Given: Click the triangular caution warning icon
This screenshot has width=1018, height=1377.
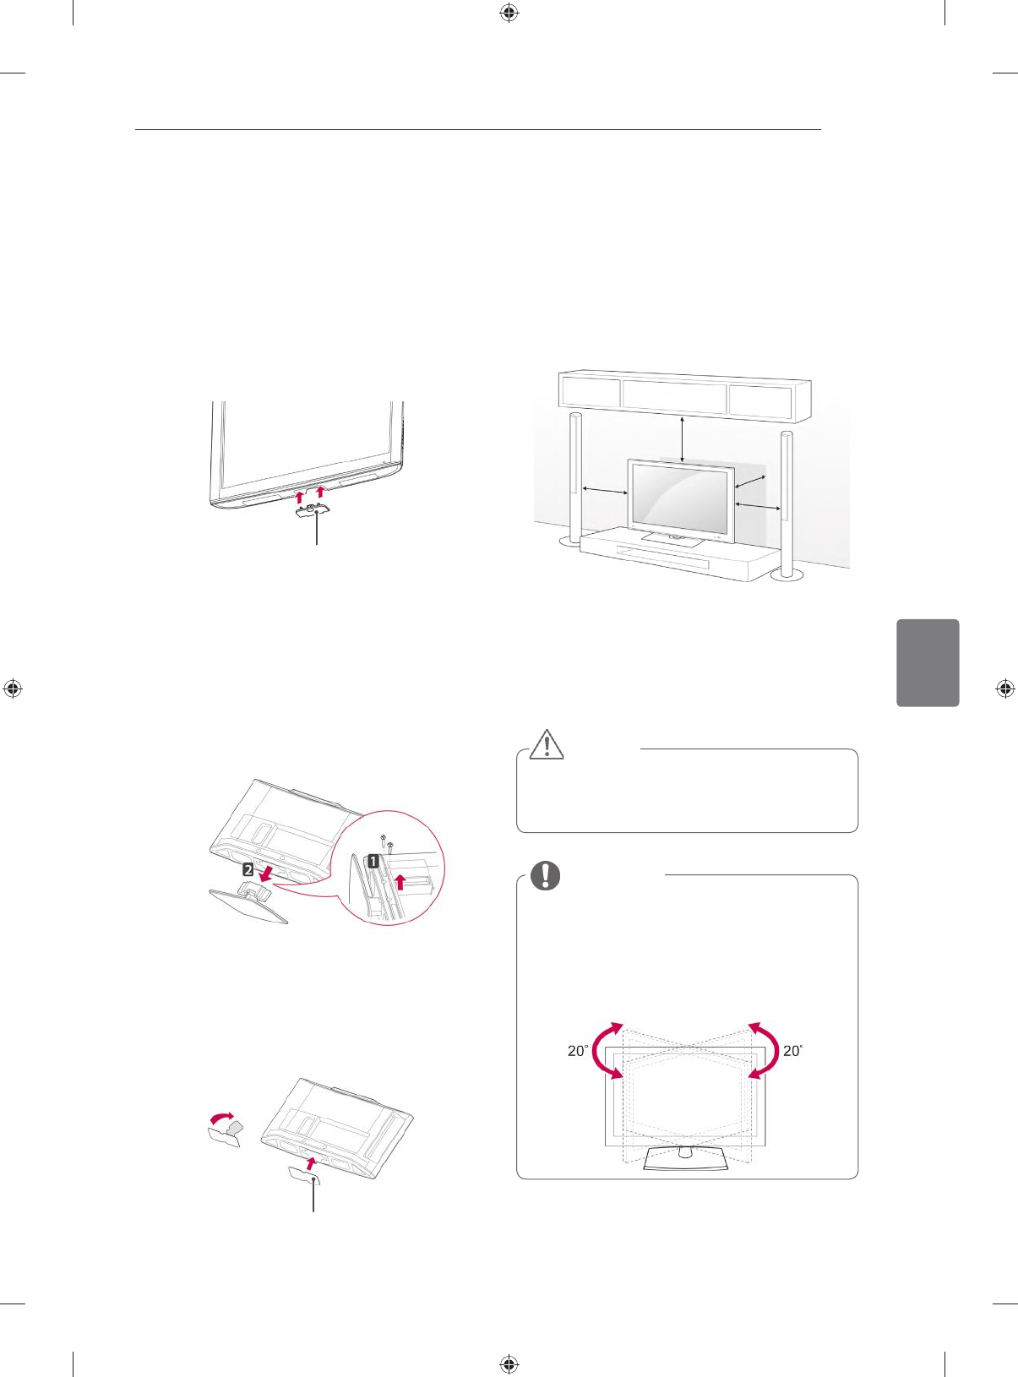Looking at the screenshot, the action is tap(547, 743).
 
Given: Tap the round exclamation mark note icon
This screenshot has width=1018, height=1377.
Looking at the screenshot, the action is tap(545, 875).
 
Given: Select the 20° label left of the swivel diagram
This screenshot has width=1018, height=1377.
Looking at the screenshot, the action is tap(578, 1051).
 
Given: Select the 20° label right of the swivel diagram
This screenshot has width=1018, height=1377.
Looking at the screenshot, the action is tap(792, 1051).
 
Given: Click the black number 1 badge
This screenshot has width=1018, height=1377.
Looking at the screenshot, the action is tap(372, 861).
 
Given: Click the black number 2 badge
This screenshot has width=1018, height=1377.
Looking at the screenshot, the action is tap(248, 868).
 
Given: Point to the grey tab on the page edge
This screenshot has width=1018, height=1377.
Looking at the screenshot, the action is tap(928, 662).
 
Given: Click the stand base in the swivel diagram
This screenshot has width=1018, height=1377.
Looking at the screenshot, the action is tap(685, 1159).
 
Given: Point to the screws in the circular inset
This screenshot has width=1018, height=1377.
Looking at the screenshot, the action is tap(386, 843).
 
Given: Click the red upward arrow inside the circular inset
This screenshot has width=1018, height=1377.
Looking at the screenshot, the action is tap(401, 883).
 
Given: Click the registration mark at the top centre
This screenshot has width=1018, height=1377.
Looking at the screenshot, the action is tap(509, 13).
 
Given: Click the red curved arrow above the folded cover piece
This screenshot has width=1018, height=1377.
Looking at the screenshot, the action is tap(222, 1118).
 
